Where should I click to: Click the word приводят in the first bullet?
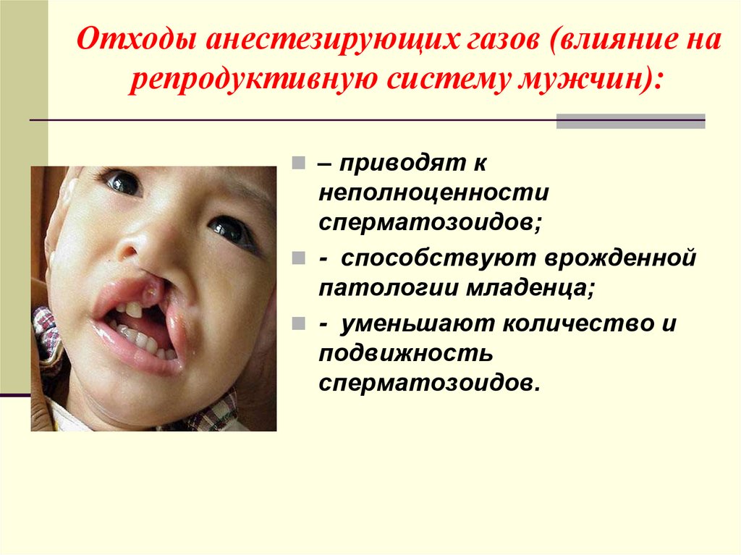click(x=395, y=164)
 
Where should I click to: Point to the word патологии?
click(x=381, y=289)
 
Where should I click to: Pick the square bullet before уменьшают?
click(x=300, y=324)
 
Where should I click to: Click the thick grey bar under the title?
click(x=630, y=121)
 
